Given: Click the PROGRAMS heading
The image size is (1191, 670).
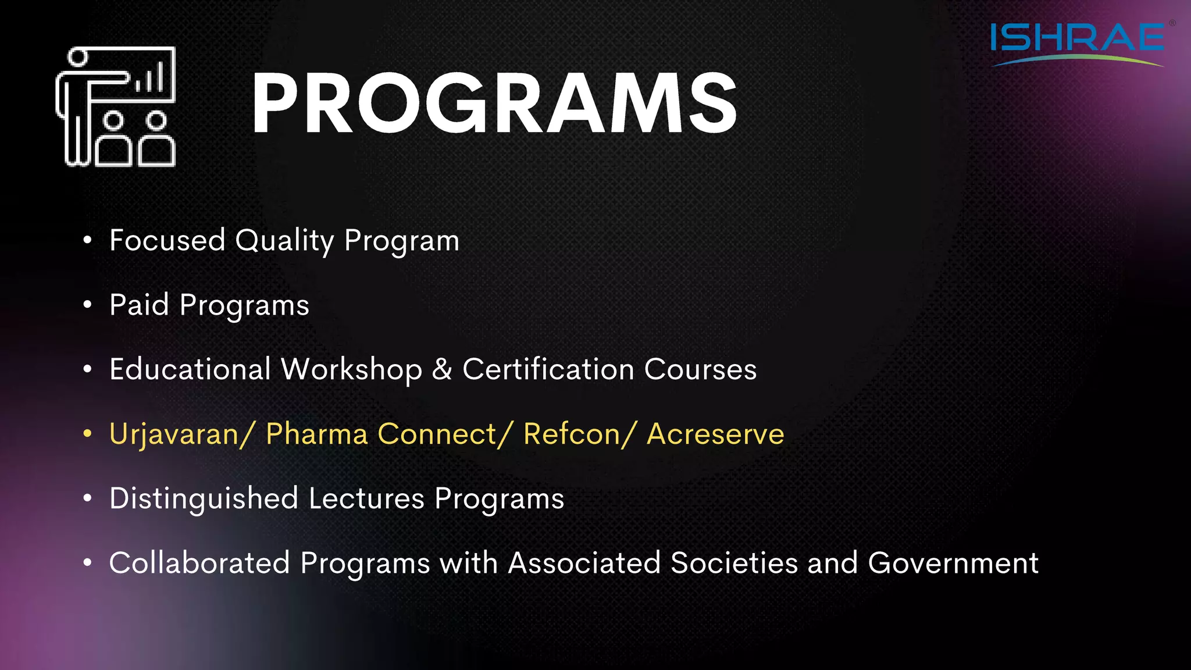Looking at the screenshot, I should (x=494, y=104).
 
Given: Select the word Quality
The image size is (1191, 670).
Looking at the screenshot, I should (x=284, y=241).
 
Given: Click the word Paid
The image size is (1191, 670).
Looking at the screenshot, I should (x=139, y=305).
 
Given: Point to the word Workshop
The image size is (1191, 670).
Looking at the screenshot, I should (x=351, y=370).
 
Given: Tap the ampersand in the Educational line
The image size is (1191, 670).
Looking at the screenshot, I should (x=442, y=369).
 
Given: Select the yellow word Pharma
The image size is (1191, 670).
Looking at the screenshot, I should (x=316, y=434).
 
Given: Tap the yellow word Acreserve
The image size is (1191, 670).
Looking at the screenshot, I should (x=715, y=434).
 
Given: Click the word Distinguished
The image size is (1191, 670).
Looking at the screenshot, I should (x=204, y=499).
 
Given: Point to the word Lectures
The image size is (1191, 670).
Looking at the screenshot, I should (x=366, y=498).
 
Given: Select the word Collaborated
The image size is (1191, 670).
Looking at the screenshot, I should (x=199, y=563).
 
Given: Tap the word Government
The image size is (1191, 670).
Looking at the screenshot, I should (x=953, y=563).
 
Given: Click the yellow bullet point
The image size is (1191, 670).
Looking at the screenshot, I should (x=87, y=434).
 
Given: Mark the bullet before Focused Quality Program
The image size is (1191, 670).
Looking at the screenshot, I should (x=87, y=240).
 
